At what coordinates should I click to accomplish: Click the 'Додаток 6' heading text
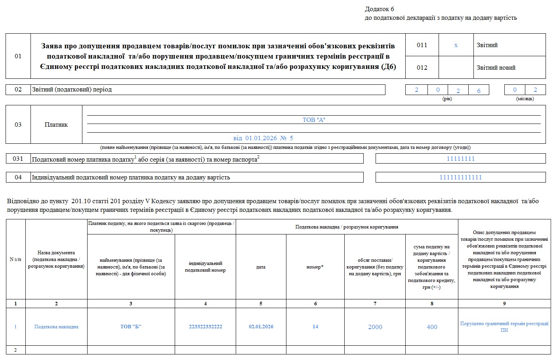(x=379, y=9)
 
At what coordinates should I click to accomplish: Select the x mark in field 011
(x=456, y=45)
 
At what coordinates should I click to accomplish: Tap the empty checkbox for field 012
(x=456, y=67)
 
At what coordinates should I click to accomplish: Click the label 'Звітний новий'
(x=496, y=68)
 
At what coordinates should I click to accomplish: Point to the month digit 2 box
(x=535, y=90)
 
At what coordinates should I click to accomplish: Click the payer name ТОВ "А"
(x=314, y=120)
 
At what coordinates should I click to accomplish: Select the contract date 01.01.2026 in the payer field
(x=261, y=138)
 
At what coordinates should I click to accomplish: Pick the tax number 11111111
(x=460, y=159)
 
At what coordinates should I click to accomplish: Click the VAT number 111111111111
(x=460, y=177)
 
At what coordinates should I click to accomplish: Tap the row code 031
(x=18, y=159)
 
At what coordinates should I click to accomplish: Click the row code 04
(x=18, y=177)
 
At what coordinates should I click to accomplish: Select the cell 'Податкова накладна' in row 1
(x=56, y=327)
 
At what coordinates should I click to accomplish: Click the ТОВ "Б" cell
(x=131, y=327)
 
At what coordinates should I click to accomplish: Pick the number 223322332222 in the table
(x=205, y=327)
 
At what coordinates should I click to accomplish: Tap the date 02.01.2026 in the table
(x=261, y=327)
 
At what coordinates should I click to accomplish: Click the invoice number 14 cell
(x=315, y=327)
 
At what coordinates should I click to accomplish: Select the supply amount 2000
(x=375, y=327)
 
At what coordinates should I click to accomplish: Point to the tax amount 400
(x=432, y=327)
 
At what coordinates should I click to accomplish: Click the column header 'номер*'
(x=315, y=267)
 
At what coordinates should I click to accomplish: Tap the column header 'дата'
(x=261, y=267)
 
